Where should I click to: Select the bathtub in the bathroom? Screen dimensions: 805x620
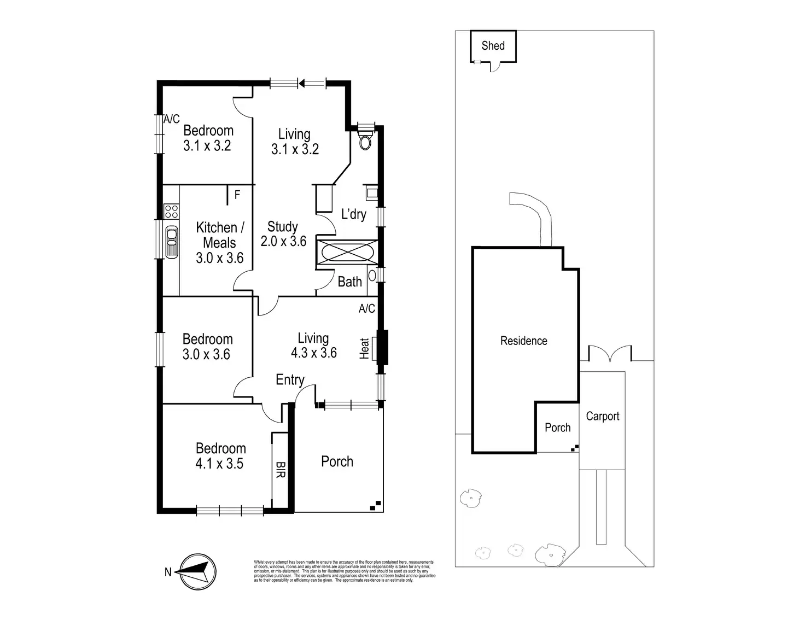pos(347,254)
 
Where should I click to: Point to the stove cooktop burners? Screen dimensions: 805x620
pos(171,211)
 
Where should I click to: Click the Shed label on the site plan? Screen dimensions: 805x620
pos(493,46)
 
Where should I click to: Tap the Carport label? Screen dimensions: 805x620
pos(603,416)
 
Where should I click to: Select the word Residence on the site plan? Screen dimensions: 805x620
pos(523,341)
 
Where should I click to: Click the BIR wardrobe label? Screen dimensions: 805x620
pos(280,469)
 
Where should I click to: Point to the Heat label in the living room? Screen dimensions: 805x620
pos(365,348)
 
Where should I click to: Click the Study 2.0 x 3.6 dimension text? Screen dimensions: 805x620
pos(283,241)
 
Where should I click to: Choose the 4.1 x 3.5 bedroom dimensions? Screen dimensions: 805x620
pos(219,464)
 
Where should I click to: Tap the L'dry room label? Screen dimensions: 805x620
pos(353,214)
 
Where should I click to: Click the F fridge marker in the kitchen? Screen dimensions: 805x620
pos(237,195)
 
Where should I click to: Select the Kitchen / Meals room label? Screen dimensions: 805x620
pos(219,235)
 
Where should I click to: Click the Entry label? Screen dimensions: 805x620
pos(290,380)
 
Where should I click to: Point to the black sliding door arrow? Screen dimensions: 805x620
pos(302,83)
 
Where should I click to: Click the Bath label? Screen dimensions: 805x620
pos(349,282)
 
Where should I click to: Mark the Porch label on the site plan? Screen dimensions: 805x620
pos(557,428)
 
